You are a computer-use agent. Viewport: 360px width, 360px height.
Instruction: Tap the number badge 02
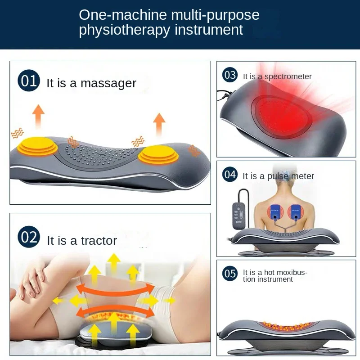click(x=29, y=237)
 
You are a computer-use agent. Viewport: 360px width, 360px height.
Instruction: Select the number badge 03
click(x=230, y=75)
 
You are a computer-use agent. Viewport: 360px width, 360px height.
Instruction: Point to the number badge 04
click(x=230, y=174)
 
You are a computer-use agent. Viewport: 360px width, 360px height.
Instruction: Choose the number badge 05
click(x=230, y=273)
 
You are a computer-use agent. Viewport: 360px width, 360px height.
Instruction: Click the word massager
click(x=108, y=83)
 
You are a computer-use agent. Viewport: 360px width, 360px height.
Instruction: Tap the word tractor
click(x=99, y=240)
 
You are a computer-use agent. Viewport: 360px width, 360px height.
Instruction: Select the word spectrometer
click(x=288, y=76)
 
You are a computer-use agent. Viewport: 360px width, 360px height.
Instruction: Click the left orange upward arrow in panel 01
click(x=39, y=116)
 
